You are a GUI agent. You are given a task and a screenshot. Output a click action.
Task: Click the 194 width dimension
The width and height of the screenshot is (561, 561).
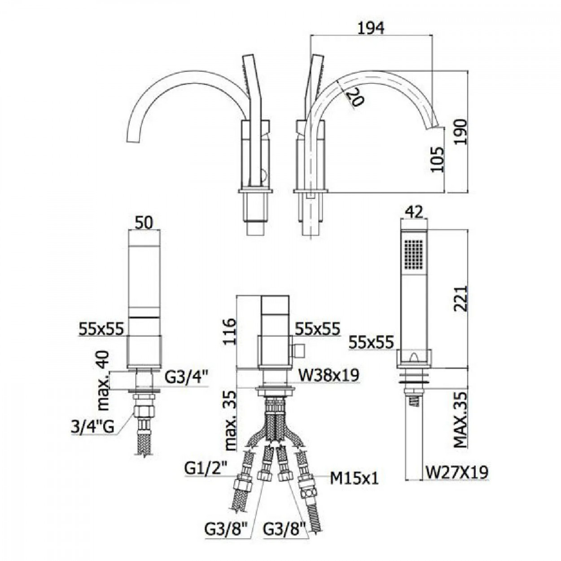coord(371,28)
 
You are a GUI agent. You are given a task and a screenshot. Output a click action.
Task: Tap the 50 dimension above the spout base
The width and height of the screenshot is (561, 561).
coord(144,224)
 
